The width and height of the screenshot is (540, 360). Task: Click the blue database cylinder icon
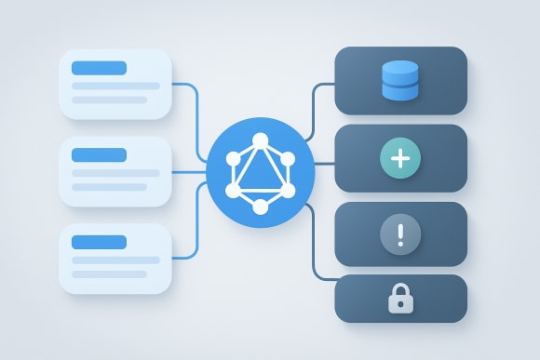click(400, 80)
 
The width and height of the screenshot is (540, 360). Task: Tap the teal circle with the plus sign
click(400, 159)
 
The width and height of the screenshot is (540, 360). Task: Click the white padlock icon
click(400, 299)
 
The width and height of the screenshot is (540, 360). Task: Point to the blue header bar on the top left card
click(99, 67)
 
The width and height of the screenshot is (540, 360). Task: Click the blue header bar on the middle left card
click(99, 154)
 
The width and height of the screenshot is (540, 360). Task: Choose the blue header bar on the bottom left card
click(99, 242)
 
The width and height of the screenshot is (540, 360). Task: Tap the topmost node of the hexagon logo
click(260, 140)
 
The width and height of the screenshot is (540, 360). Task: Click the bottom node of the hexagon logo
click(260, 207)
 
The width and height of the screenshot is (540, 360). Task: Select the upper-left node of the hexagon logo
click(232, 157)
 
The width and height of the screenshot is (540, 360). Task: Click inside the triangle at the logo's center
click(260, 176)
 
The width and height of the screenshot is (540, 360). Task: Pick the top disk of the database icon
click(400, 67)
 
